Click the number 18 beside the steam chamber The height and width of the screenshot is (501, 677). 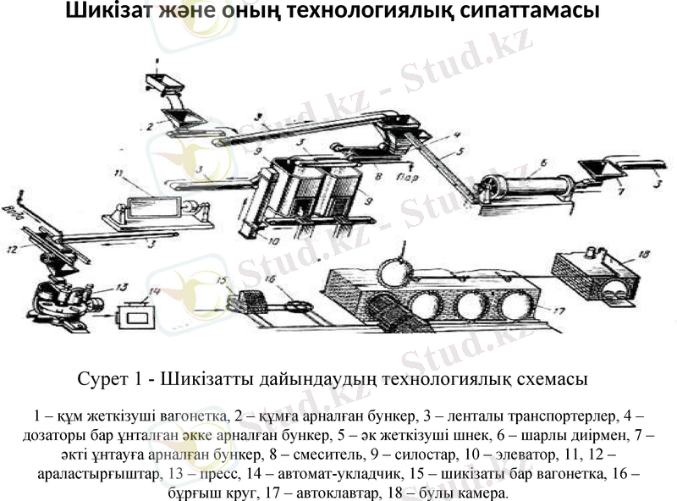[x=645, y=253]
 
